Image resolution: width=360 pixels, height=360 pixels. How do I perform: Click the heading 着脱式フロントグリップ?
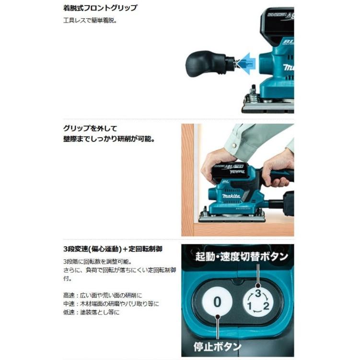click(100, 8)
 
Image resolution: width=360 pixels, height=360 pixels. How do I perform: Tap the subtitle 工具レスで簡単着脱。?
click(90, 21)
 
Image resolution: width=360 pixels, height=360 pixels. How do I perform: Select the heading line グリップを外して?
click(90, 128)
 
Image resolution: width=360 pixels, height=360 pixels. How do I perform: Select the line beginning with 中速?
click(111, 303)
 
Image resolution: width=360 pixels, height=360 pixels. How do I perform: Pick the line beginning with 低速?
click(91, 312)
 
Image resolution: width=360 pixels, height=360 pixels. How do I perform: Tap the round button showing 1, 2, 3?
click(257, 302)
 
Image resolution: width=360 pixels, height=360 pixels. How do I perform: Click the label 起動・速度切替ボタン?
click(242, 256)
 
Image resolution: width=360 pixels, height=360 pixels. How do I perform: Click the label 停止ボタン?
click(218, 346)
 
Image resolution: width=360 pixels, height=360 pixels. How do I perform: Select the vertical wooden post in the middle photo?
click(187, 180)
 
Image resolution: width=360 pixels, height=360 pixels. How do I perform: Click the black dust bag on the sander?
click(288, 203)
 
